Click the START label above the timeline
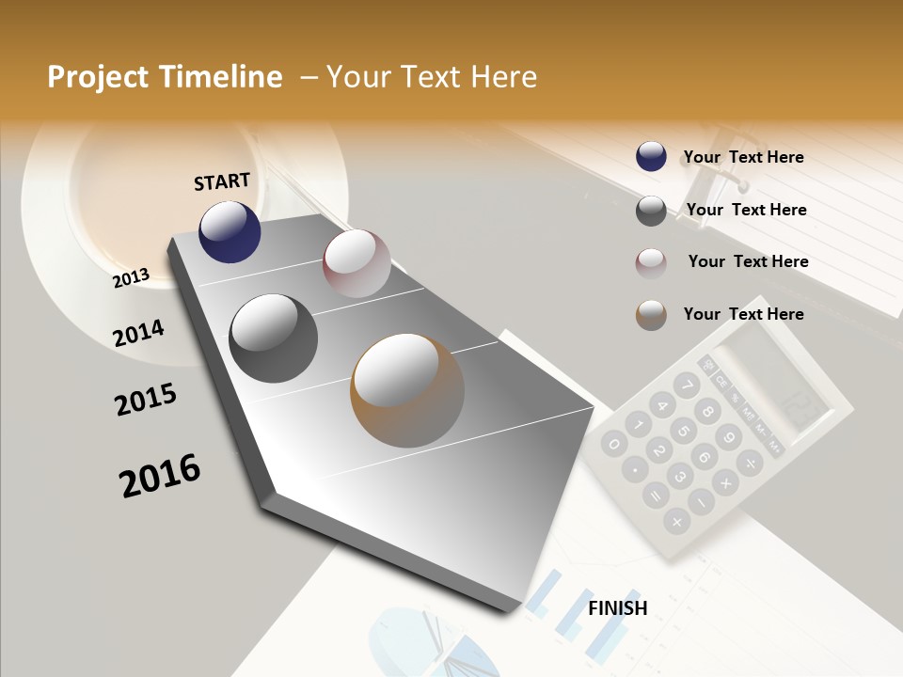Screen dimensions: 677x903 click(222, 181)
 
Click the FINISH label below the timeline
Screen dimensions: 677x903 click(617, 608)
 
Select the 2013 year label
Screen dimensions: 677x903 click(131, 278)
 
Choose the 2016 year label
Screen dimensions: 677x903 click(160, 476)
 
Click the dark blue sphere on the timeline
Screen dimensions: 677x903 click(230, 231)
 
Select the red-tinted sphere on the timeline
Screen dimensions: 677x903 click(356, 263)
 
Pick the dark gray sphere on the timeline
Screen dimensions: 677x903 click(273, 338)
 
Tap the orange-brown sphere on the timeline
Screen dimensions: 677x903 click(407, 390)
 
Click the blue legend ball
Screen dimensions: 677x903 click(651, 157)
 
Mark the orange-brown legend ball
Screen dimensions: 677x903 click(651, 315)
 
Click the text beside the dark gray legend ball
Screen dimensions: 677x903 click(746, 210)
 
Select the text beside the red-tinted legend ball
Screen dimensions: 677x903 click(748, 261)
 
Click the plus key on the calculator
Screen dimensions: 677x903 click(675, 519)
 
